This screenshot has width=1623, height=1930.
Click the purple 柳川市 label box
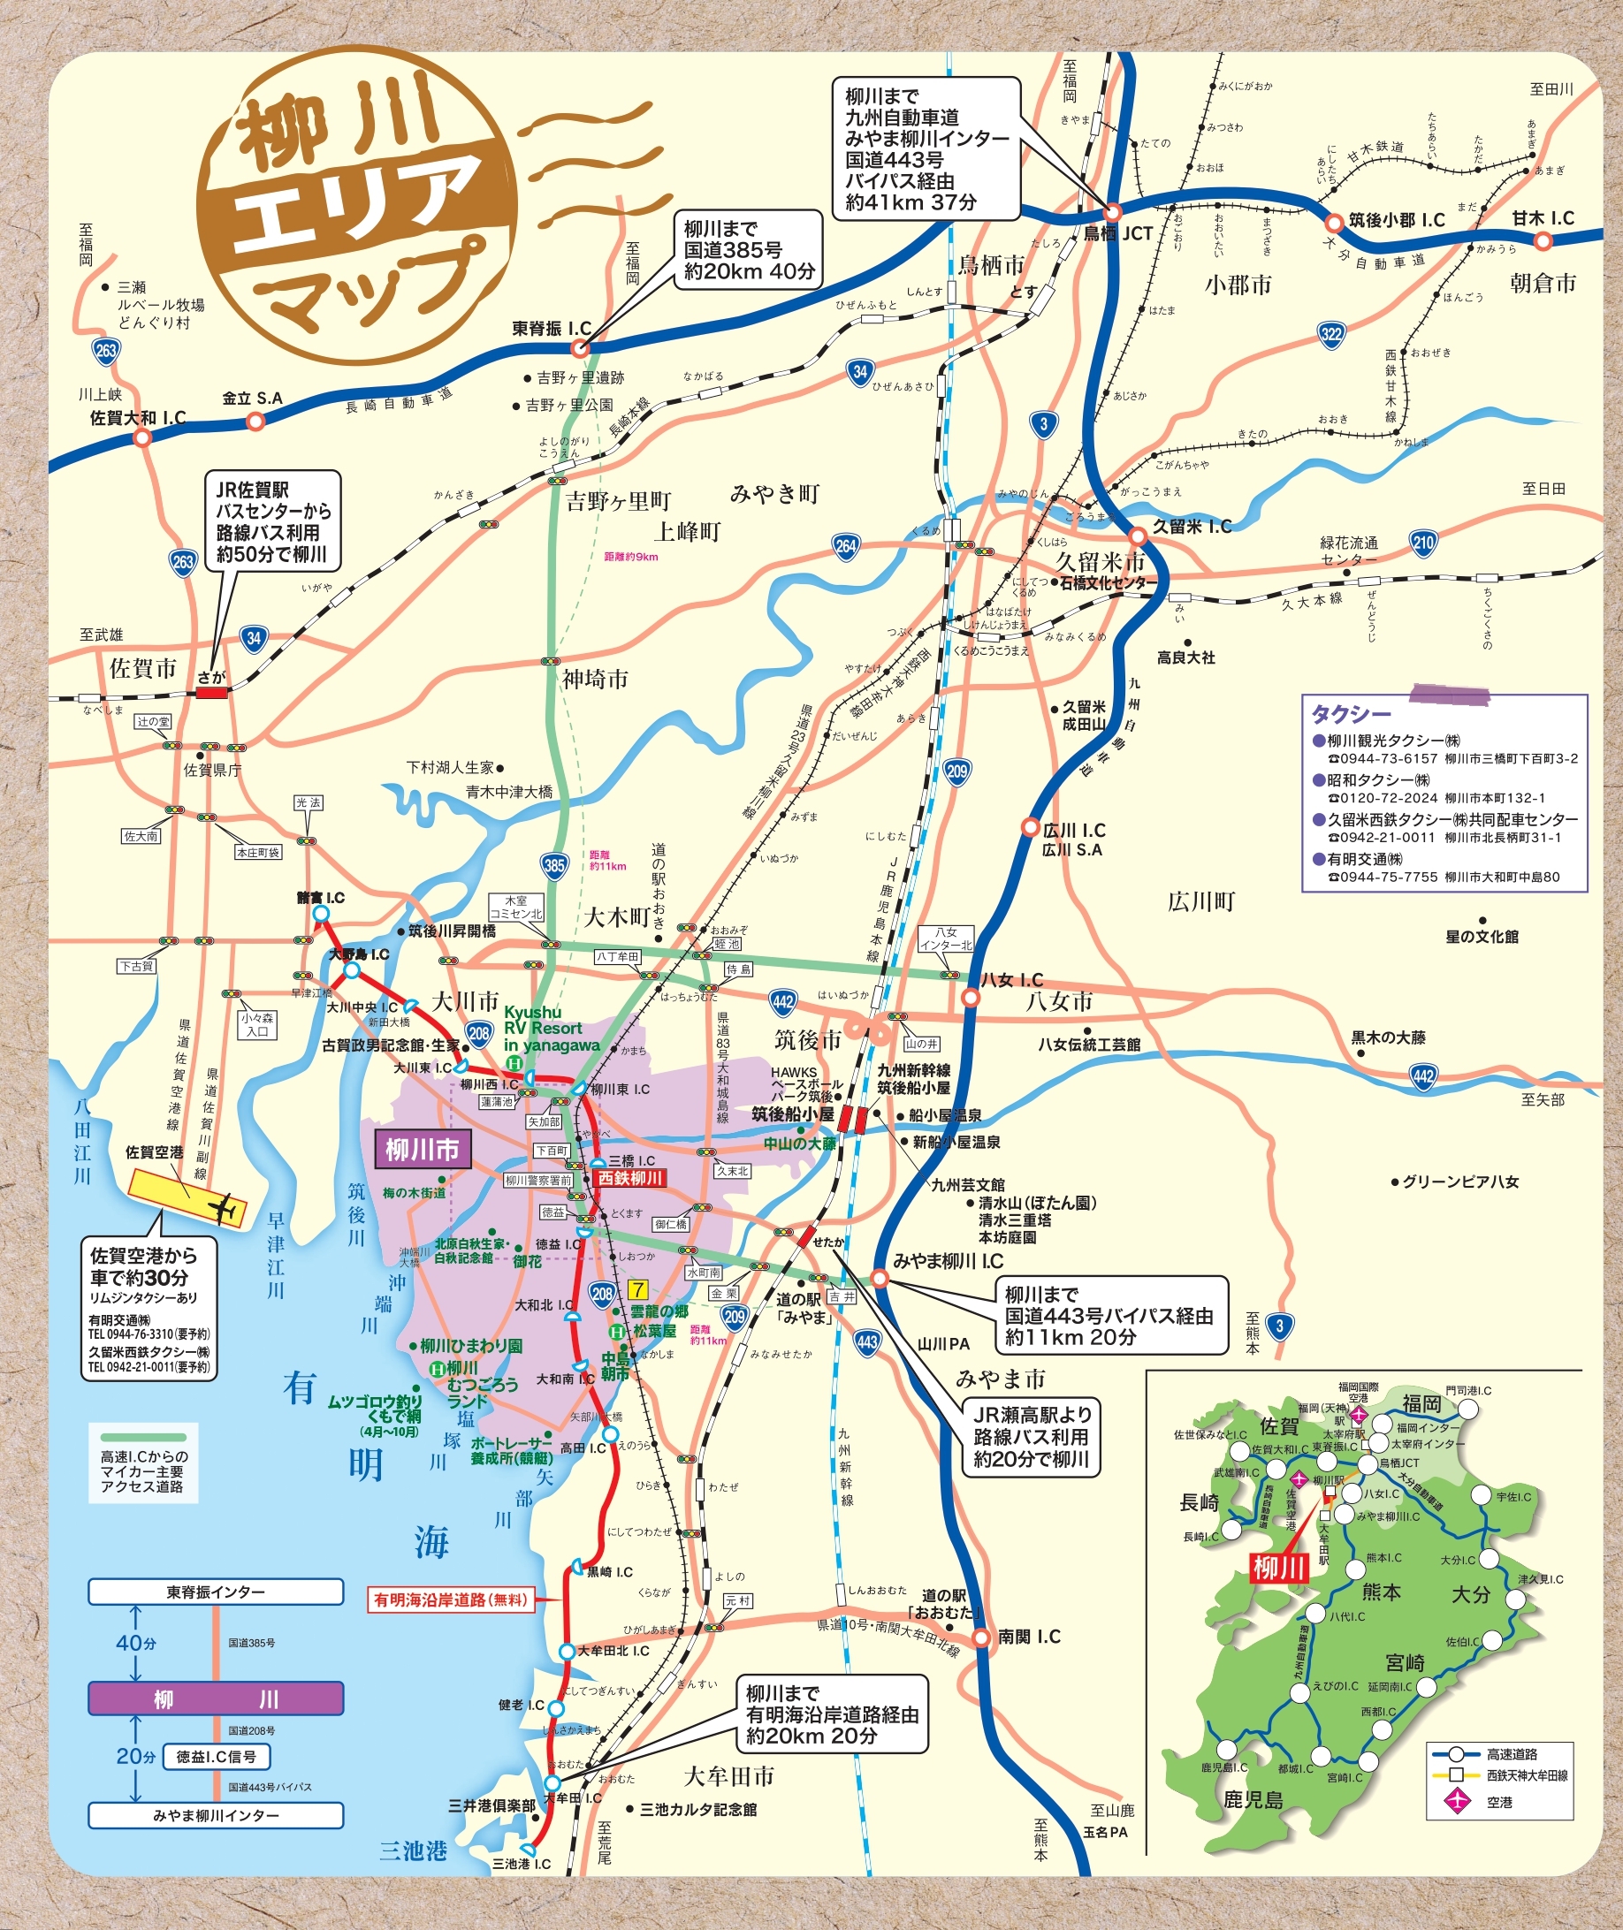(x=423, y=1149)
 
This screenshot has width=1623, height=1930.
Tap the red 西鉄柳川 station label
(x=629, y=1177)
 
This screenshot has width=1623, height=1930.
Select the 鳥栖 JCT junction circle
(x=1111, y=210)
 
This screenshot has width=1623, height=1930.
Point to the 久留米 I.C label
(x=1192, y=527)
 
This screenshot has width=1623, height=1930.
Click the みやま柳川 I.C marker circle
(x=880, y=1278)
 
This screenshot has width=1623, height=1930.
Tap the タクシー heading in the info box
(x=1351, y=714)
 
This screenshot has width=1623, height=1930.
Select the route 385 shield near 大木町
(x=555, y=865)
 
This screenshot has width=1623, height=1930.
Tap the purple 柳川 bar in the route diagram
(x=216, y=1699)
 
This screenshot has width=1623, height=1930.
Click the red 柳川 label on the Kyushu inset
(x=1279, y=1569)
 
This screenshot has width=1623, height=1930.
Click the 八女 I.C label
(x=1011, y=980)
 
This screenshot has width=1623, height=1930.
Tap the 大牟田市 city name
(x=728, y=1775)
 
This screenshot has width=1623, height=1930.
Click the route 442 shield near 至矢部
(x=1422, y=1075)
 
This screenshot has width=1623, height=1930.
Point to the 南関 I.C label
(x=1029, y=1637)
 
